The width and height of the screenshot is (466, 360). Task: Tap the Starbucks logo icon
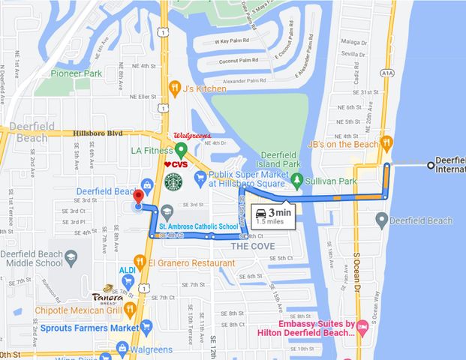pyautogui.click(x=173, y=181)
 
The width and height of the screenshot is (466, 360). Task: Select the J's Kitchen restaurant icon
pyautogui.click(x=174, y=88)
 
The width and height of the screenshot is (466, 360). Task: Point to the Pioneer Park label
pyautogui.click(x=77, y=73)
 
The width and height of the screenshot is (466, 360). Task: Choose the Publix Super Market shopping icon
pyautogui.click(x=200, y=178)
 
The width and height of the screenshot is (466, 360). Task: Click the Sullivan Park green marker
pyautogui.click(x=297, y=180)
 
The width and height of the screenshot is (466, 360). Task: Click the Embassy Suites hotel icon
pyautogui.click(x=362, y=326)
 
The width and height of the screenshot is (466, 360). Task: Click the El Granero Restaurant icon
pyautogui.click(x=151, y=263)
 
